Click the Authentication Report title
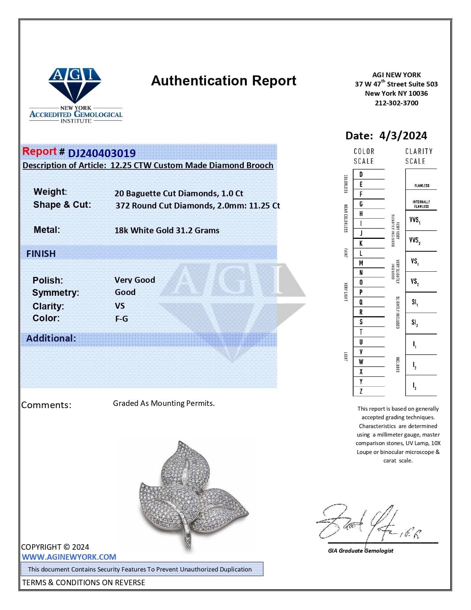223,81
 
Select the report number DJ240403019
102,153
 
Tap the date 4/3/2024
403,136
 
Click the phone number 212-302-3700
396,103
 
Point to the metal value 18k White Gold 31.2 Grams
167,230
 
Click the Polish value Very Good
134,280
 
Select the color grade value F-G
121,319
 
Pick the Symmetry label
55,293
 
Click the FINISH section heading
41,254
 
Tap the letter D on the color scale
361,174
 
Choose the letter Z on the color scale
361,391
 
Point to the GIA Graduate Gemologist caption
361,550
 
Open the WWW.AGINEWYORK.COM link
69,557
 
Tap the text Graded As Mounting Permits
164,403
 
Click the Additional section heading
51,338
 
